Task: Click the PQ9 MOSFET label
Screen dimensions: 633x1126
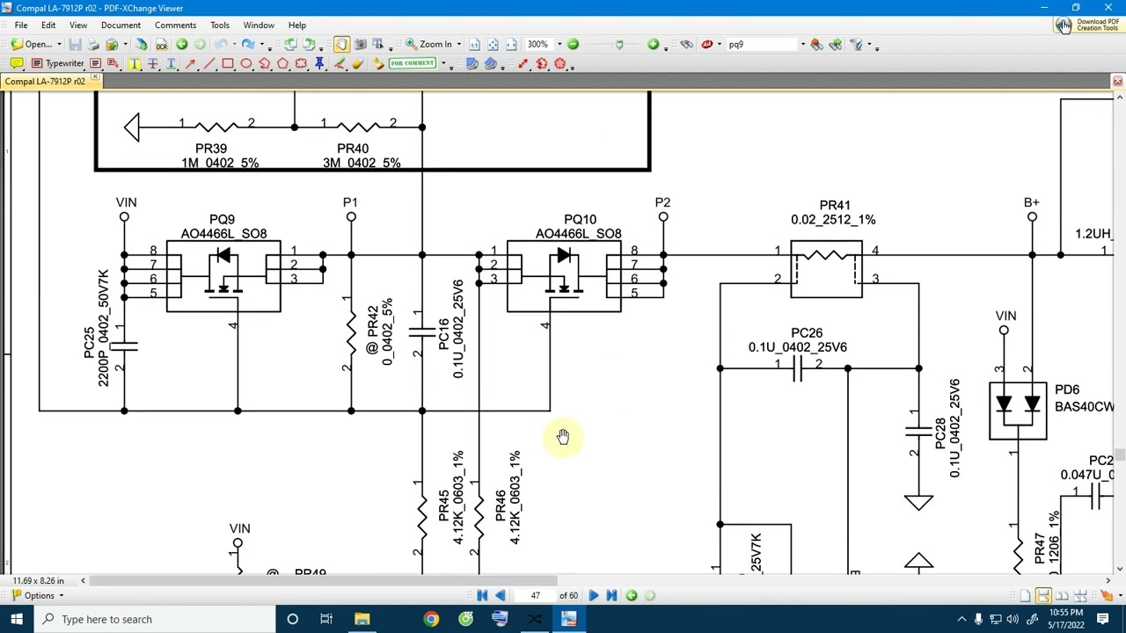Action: [x=222, y=219]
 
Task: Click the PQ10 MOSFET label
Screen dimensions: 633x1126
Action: [x=580, y=219]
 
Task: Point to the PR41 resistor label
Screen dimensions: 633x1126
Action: [x=834, y=205]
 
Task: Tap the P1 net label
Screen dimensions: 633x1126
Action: [x=350, y=202]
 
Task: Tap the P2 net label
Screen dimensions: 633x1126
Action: [x=662, y=202]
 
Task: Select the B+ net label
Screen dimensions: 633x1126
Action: [x=1031, y=202]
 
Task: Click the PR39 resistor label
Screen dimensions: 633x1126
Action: [x=211, y=149]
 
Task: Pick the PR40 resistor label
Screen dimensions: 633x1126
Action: [x=353, y=149]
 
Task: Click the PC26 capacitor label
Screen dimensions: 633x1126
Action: [x=807, y=332]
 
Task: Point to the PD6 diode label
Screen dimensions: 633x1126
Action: [x=1066, y=389]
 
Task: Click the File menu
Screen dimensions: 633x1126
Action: [x=20, y=25]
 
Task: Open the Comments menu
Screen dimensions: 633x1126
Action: [x=175, y=25]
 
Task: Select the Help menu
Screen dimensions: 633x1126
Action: [x=296, y=25]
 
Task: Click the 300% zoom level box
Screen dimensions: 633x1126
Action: [x=538, y=44]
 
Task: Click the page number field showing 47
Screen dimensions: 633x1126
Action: [x=536, y=595]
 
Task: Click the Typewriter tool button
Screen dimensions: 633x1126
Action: [x=58, y=63]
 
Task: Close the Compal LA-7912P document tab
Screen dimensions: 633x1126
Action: [x=95, y=80]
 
